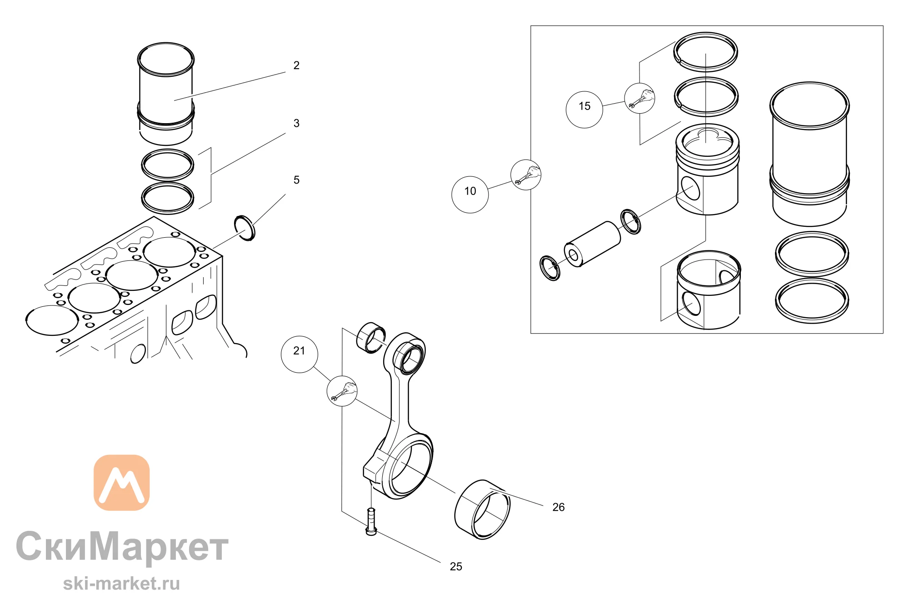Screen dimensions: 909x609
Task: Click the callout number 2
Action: click(x=296, y=65)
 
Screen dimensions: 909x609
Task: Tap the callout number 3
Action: click(x=296, y=123)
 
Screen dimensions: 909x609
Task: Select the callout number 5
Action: click(x=296, y=180)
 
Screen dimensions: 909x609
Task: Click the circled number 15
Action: click(x=584, y=106)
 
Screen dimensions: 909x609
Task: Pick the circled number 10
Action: click(x=470, y=191)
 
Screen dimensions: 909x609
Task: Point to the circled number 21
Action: click(x=299, y=351)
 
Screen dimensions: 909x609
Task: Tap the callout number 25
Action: click(x=456, y=567)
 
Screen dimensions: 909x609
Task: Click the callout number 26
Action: click(x=559, y=507)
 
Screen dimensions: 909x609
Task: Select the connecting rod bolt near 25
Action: click(x=371, y=522)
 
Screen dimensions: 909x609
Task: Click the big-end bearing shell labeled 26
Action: click(x=482, y=509)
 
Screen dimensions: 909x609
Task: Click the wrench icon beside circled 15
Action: click(x=639, y=98)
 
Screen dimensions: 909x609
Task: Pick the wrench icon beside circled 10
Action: click(x=526, y=175)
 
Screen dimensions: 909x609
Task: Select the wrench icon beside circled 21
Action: click(x=342, y=391)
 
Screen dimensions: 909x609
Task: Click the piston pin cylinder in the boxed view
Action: click(x=592, y=245)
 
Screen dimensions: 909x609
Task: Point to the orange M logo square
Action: click(x=122, y=483)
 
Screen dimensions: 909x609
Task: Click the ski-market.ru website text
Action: click(x=121, y=584)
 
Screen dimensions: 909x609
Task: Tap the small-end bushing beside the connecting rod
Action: click(x=371, y=338)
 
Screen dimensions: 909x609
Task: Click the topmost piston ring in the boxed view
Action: click(x=705, y=52)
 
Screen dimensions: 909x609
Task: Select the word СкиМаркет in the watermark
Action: click(x=122, y=546)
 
